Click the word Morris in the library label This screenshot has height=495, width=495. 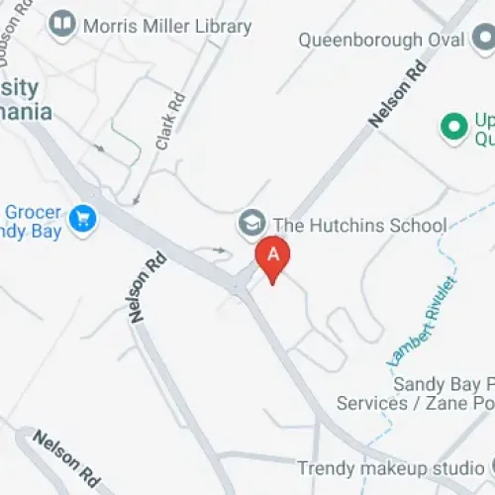(x=110, y=26)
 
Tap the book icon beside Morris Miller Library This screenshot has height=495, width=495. (x=62, y=23)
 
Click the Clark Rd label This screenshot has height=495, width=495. (x=170, y=122)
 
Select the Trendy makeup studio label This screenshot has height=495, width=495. (x=390, y=467)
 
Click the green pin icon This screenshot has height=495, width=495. (x=453, y=127)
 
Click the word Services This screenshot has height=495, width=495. (x=372, y=403)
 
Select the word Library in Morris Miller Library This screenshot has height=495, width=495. (x=220, y=26)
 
